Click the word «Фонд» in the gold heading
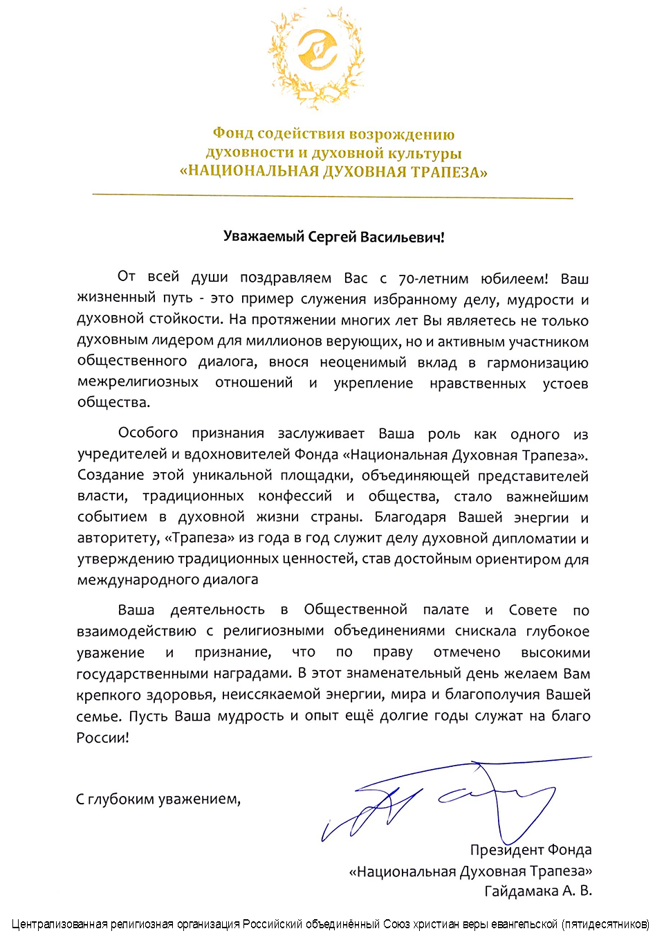[232, 134]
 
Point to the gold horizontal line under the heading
[332, 197]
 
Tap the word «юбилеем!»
[514, 279]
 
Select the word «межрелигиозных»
[138, 383]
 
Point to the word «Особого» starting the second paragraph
[148, 433]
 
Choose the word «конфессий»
[295, 496]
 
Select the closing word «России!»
[103, 737]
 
